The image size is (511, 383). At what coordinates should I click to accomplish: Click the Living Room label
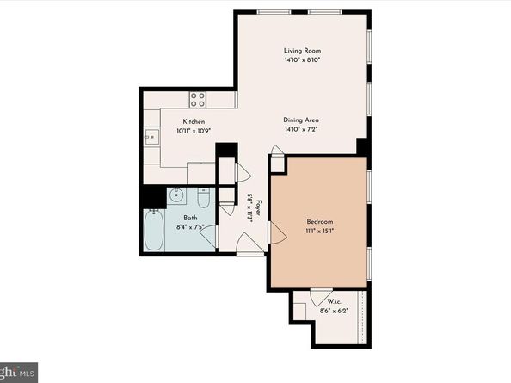coord(302,51)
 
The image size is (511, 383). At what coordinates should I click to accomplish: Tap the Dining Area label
coord(302,120)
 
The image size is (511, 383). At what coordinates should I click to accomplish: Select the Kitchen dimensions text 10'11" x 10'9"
coord(194,131)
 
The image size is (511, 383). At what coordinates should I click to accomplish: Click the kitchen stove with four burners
coord(198,97)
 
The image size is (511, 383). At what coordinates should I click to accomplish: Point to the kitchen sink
coord(151,135)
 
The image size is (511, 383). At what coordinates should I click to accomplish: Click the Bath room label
coord(190,219)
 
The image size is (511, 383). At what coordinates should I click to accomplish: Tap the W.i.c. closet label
coord(334,302)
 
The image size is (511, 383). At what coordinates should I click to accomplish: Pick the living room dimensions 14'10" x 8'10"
coord(302,60)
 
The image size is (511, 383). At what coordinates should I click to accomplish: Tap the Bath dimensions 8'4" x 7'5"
coord(190,228)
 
